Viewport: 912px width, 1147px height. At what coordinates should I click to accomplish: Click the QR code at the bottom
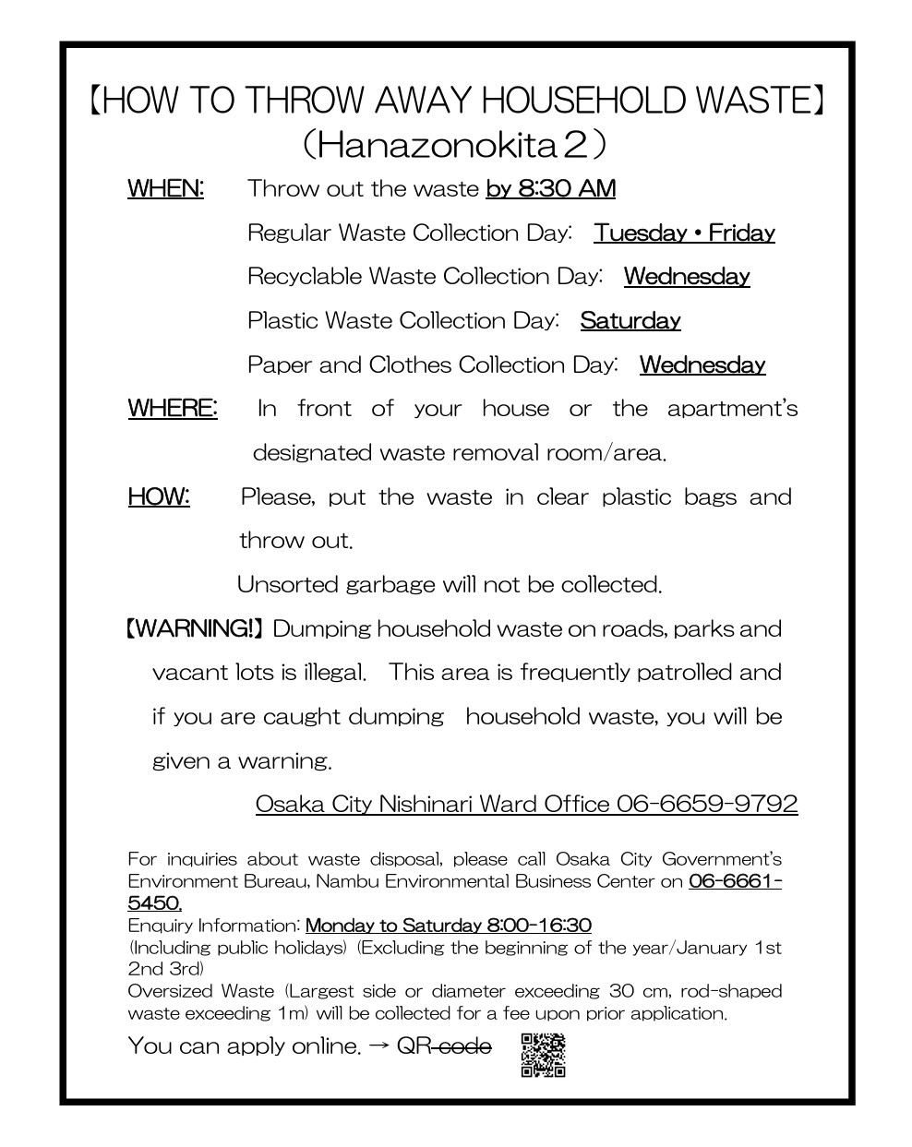click(x=543, y=1055)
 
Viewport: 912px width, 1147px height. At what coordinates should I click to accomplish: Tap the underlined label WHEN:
click(x=165, y=189)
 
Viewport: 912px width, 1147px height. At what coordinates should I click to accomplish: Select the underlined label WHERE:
click(x=173, y=408)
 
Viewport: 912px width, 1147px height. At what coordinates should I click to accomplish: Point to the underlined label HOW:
click(x=159, y=496)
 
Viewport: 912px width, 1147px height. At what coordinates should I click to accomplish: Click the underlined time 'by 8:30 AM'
click(x=550, y=189)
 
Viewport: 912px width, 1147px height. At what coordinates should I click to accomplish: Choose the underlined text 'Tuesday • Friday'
click(x=684, y=233)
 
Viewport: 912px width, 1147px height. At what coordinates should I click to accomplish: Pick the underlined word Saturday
click(x=630, y=321)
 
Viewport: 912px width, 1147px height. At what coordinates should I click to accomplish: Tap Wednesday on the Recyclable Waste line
click(x=687, y=277)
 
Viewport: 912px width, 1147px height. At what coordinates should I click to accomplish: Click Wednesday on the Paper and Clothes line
click(x=702, y=365)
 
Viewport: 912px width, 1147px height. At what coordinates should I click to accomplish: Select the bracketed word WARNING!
click(x=195, y=629)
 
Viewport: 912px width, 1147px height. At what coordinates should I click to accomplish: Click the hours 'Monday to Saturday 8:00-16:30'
click(x=449, y=926)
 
